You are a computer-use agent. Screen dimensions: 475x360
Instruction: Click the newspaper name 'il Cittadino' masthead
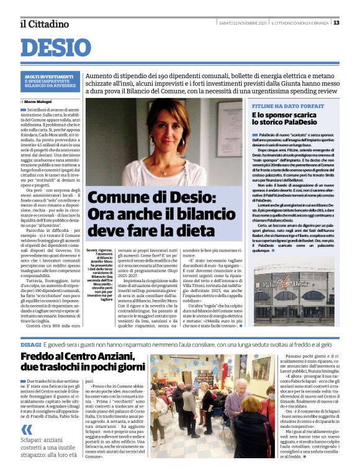[x=45, y=24]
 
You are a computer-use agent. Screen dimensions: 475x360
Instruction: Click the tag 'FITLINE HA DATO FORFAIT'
[x=279, y=105]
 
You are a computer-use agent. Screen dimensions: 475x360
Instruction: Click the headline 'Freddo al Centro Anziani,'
[x=74, y=357]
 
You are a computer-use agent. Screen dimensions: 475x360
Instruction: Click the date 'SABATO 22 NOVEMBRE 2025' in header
[x=243, y=24]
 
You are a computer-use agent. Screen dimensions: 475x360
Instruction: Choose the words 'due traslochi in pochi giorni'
[x=74, y=367]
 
